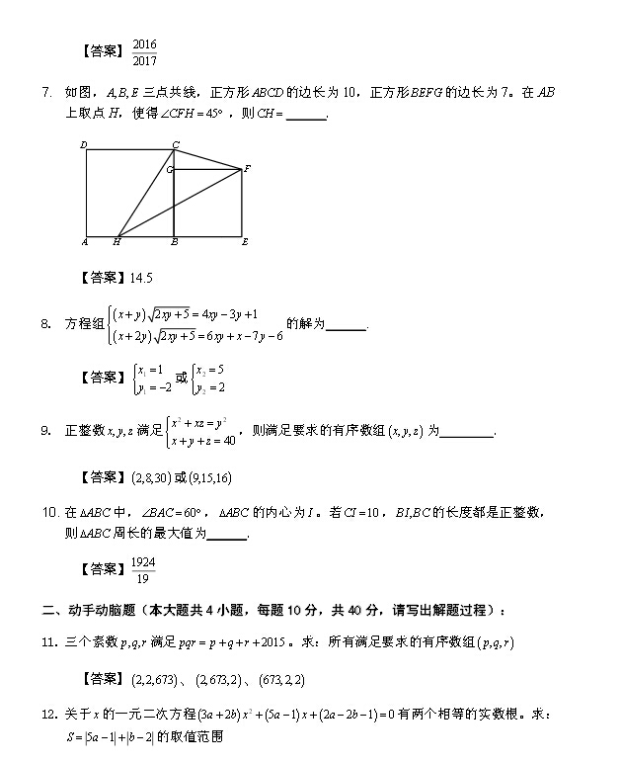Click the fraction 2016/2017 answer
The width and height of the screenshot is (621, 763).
[x=144, y=51]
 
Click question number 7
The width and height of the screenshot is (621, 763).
[x=46, y=93]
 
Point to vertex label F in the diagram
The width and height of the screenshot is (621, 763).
[x=247, y=169]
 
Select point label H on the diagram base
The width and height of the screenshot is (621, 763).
[x=116, y=241]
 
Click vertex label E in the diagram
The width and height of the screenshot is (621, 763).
[x=244, y=241]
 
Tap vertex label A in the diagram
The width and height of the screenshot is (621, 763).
[x=84, y=241]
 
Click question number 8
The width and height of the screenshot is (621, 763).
[x=46, y=324]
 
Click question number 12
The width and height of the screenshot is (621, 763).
[x=49, y=715]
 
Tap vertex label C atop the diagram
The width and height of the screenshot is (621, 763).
[x=175, y=145]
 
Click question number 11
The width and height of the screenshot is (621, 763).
[x=49, y=642]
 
